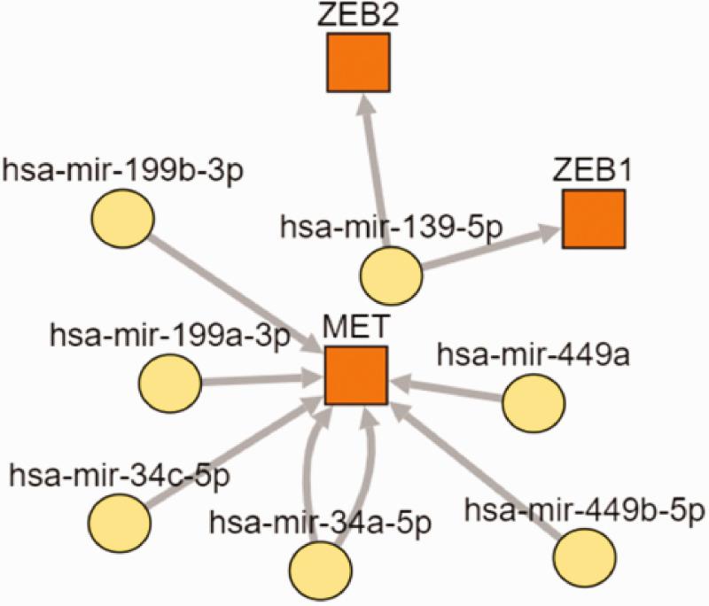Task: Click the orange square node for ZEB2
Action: click(355, 63)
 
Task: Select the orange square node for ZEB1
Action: click(594, 218)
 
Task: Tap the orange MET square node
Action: click(355, 376)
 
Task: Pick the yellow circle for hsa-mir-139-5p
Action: click(391, 273)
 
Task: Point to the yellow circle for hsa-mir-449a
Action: click(534, 403)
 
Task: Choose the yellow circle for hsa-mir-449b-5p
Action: click(584, 553)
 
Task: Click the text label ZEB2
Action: click(355, 15)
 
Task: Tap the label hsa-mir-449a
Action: click(499, 356)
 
